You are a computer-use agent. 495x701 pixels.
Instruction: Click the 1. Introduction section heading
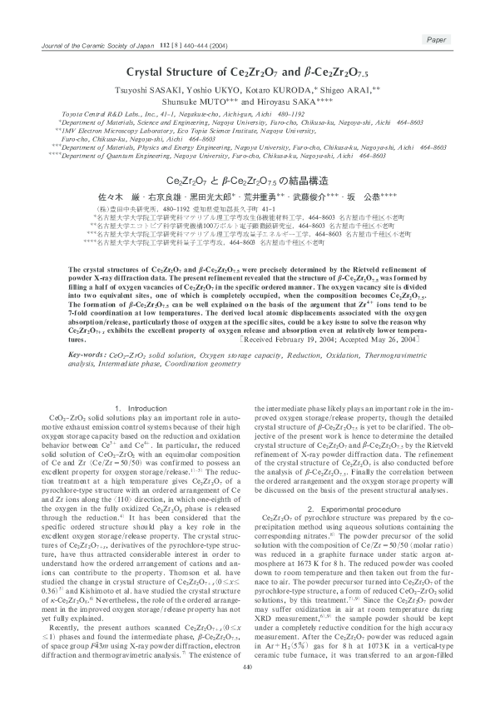pyautogui.click(x=141, y=409)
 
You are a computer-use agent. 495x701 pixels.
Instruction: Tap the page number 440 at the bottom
pyautogui.click(x=246, y=690)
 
